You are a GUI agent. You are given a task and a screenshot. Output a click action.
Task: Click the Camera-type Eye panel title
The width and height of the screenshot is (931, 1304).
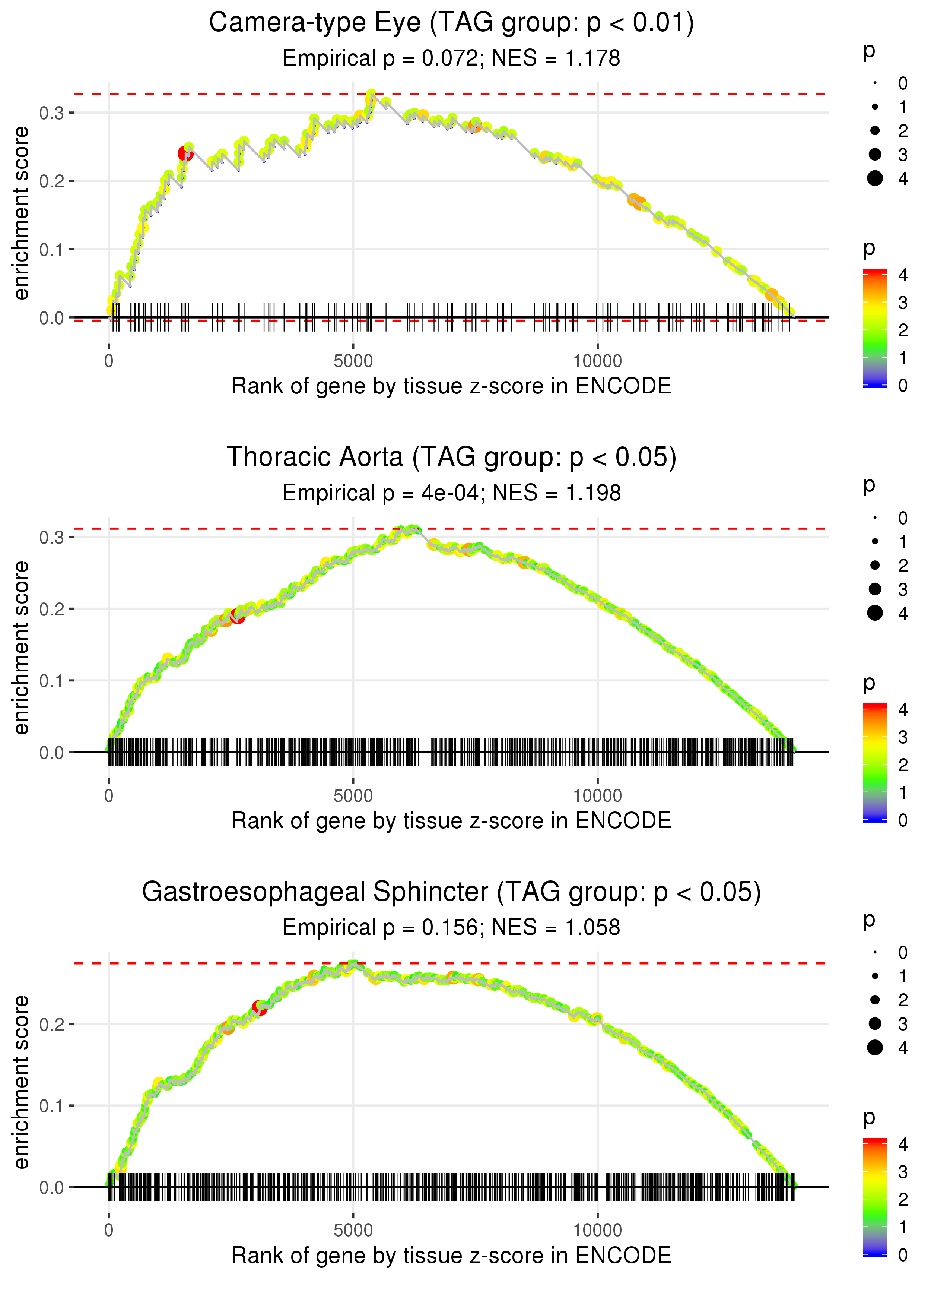point(451,23)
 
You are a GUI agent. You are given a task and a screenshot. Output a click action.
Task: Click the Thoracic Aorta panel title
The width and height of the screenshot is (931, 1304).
point(451,458)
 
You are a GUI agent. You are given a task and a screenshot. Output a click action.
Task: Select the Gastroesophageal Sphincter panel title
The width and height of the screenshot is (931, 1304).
point(451,892)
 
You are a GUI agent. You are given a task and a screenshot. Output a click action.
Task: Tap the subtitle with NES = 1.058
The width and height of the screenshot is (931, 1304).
point(451,927)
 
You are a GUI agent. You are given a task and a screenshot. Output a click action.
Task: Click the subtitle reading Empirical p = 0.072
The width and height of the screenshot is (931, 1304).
point(451,58)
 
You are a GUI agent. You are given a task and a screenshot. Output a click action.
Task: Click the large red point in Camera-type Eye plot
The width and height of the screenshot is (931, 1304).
point(185,153)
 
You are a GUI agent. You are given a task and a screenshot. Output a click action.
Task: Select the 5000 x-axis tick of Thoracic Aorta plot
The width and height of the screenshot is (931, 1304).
point(353,796)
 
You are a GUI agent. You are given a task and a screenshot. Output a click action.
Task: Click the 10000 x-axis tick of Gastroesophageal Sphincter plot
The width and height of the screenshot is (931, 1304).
point(597,1230)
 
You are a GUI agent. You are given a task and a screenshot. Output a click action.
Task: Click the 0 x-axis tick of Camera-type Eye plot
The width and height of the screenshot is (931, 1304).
point(109,361)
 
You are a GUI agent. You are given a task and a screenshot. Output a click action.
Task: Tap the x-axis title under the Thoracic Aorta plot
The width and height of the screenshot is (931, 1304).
point(451,821)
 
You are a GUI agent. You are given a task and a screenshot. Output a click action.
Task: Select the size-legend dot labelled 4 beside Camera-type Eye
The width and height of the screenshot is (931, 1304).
point(875,178)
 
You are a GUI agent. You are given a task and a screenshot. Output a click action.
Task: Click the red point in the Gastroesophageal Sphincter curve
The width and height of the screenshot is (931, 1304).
point(259,1007)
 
